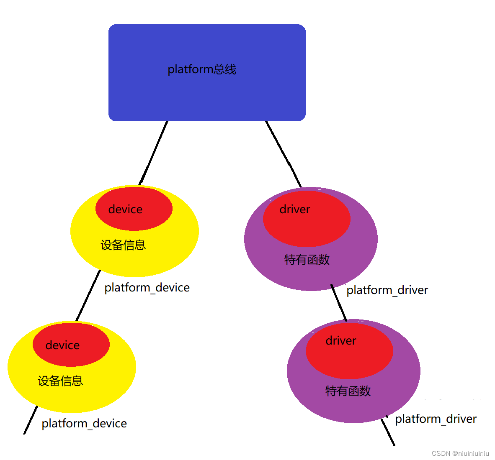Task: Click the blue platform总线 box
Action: [x=207, y=96]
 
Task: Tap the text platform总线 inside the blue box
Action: [x=202, y=69]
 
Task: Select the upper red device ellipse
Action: [x=134, y=209]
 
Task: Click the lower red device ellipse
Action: [x=71, y=345]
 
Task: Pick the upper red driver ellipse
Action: [x=307, y=219]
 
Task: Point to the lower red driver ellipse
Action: [x=349, y=351]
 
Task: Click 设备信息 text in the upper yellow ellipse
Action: [x=123, y=245]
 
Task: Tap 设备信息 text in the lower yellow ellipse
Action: [x=60, y=381]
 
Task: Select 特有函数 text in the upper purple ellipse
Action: [x=307, y=260]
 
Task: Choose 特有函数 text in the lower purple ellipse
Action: [x=348, y=391]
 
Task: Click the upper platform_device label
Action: [x=147, y=288]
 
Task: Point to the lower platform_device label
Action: [x=84, y=424]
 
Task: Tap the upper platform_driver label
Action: [x=387, y=290]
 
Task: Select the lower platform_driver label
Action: [x=436, y=419]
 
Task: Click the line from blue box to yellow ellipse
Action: [x=154, y=152]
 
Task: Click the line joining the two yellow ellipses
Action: [x=88, y=295]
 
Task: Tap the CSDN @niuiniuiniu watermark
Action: [x=460, y=453]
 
